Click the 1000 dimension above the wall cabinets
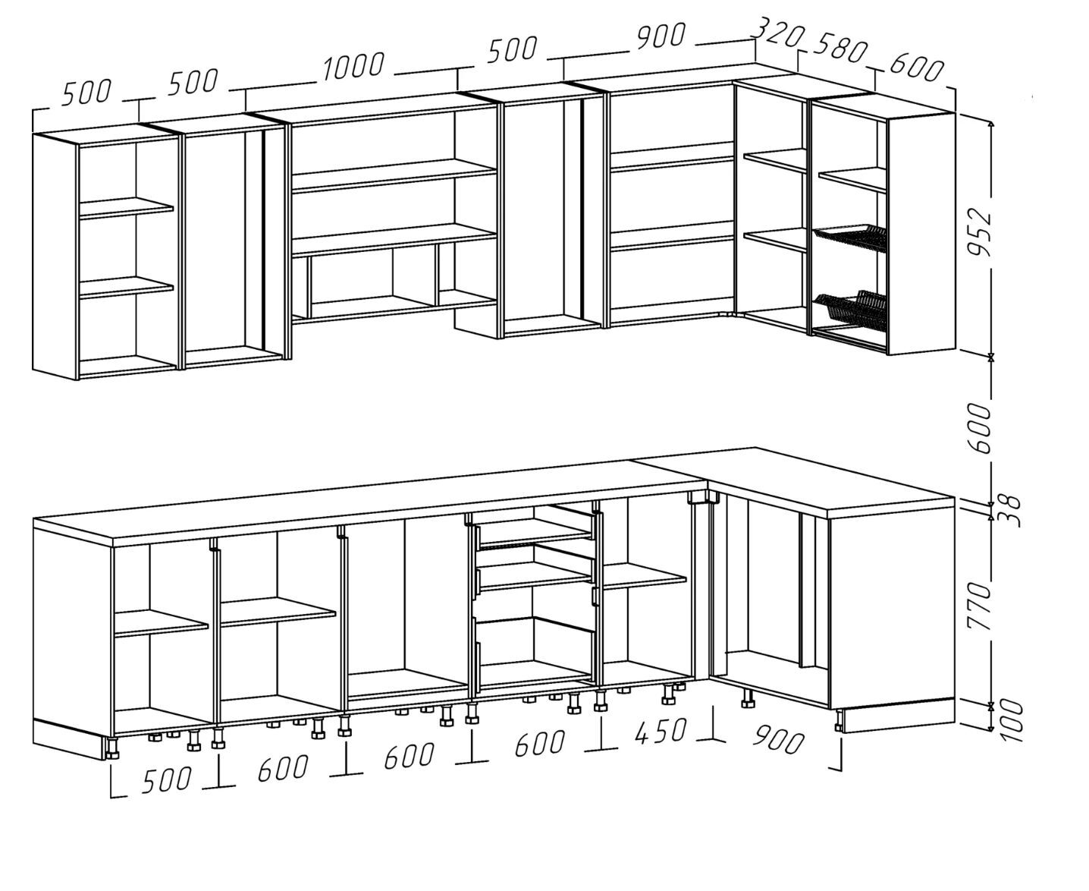(353, 67)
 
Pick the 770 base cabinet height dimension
(981, 606)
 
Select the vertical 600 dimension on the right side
(981, 428)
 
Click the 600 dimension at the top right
(916, 68)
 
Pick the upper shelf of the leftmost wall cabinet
(126, 209)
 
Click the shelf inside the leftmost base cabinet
(160, 622)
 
